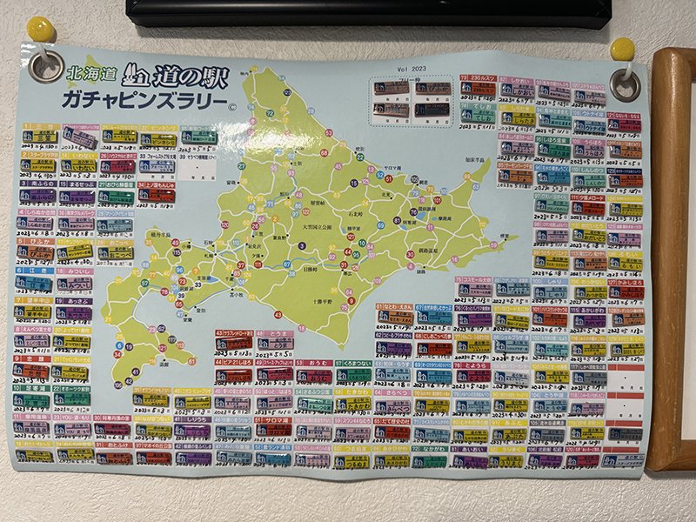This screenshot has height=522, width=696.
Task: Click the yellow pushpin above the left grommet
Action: tap(40, 29)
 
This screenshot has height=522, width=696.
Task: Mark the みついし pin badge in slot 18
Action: tap(77, 284)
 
